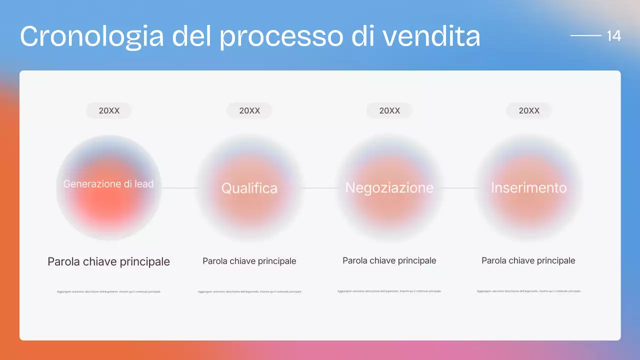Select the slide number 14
(613, 36)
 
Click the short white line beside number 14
(585, 36)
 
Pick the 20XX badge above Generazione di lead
(109, 110)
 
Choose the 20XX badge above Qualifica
(249, 110)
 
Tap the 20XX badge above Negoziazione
(389, 110)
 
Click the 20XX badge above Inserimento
(529, 110)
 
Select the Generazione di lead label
(108, 184)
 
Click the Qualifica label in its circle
(249, 188)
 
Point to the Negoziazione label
(389, 188)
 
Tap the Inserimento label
(529, 187)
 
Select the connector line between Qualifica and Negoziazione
(319, 188)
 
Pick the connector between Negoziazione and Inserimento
(459, 188)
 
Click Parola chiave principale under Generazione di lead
(108, 261)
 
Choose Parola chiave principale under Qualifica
(249, 261)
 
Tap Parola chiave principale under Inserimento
(528, 260)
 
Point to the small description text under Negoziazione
(389, 291)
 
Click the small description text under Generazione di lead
(109, 291)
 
